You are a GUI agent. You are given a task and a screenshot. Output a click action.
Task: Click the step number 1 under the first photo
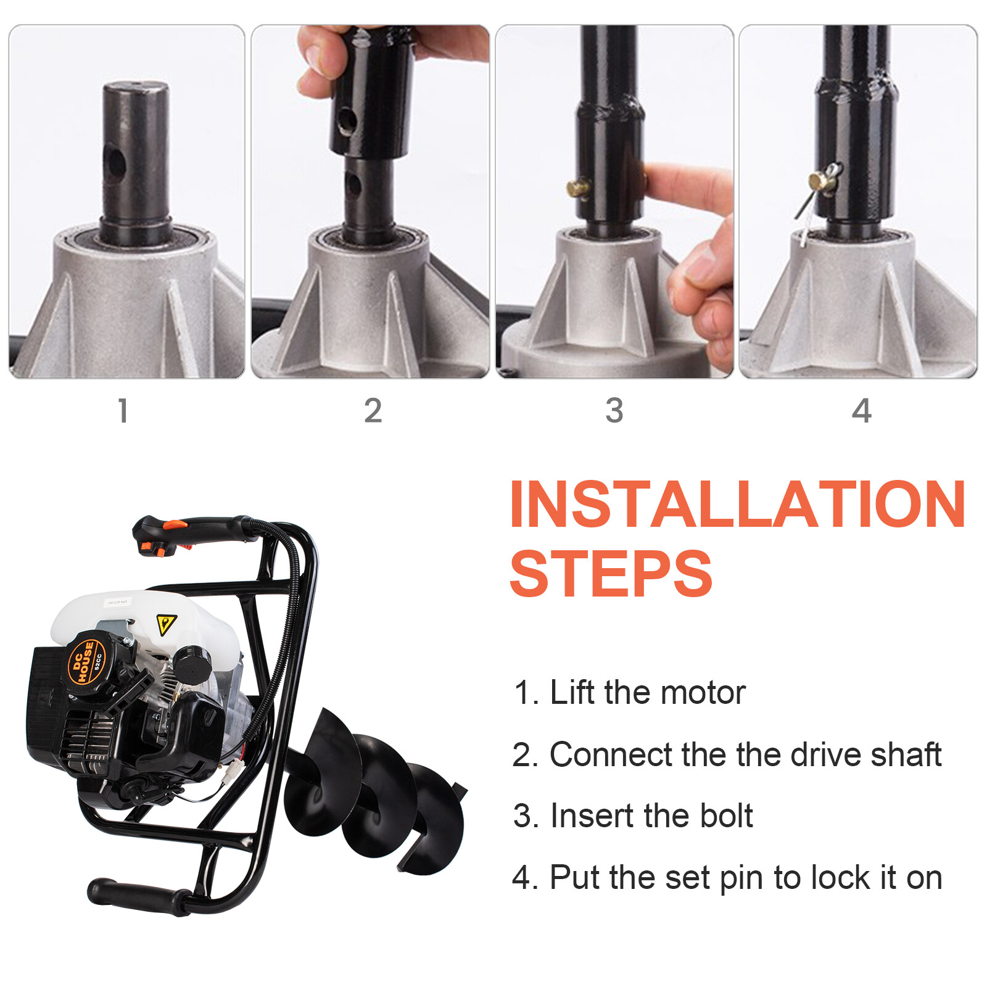pyautogui.click(x=123, y=411)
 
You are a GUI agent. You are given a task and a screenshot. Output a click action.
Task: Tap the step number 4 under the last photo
pyautogui.click(x=861, y=411)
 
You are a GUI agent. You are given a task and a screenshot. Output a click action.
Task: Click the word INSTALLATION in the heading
pyautogui.click(x=737, y=505)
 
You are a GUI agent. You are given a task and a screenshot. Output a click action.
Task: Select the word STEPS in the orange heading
pyautogui.click(x=611, y=574)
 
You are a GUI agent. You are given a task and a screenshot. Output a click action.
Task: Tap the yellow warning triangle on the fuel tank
pyautogui.click(x=165, y=624)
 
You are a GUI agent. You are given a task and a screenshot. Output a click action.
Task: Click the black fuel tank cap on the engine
pyautogui.click(x=192, y=663)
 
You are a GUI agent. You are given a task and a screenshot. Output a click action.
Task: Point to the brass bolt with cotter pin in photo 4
pyautogui.click(x=822, y=180)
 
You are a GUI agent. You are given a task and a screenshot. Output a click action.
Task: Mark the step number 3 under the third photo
pyautogui.click(x=614, y=411)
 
